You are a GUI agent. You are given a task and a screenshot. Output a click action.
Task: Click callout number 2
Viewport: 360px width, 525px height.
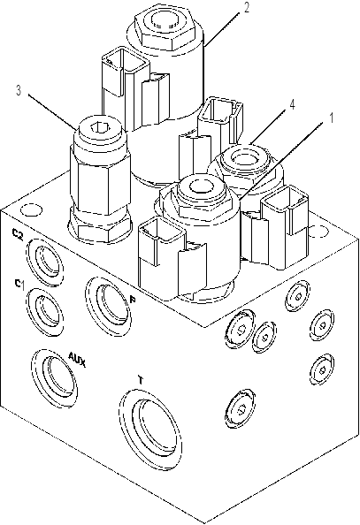coord(247,7)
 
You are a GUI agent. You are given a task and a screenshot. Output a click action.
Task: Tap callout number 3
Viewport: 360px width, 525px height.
coord(19,90)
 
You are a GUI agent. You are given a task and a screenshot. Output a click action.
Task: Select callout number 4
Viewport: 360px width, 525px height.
coord(292,104)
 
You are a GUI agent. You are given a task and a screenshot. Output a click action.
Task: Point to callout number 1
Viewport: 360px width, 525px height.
coord(331,118)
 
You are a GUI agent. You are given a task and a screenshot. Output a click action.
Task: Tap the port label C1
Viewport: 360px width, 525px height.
coord(19,285)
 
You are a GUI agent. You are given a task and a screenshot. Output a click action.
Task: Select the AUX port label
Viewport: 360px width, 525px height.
coord(77,359)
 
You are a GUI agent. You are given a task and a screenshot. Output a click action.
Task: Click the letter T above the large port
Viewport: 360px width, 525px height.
coord(142,380)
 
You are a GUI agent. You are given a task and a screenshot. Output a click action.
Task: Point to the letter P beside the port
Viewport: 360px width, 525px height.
coord(133,300)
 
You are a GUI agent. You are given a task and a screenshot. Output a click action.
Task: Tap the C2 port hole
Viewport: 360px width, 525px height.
coord(46,262)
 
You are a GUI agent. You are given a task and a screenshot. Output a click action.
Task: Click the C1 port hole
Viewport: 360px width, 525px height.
coord(44,310)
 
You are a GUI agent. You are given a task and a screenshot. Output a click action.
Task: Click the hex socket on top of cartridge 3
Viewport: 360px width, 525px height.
coord(100,127)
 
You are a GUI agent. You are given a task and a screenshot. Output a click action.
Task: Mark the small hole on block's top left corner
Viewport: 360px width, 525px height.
coord(31,210)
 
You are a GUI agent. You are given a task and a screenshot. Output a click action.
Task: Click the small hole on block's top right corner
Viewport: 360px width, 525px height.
coord(318,231)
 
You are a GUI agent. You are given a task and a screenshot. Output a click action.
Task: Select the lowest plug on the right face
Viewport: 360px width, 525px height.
coord(241,408)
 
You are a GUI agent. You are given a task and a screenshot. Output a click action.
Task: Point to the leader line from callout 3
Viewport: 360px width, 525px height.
coord(52,111)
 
